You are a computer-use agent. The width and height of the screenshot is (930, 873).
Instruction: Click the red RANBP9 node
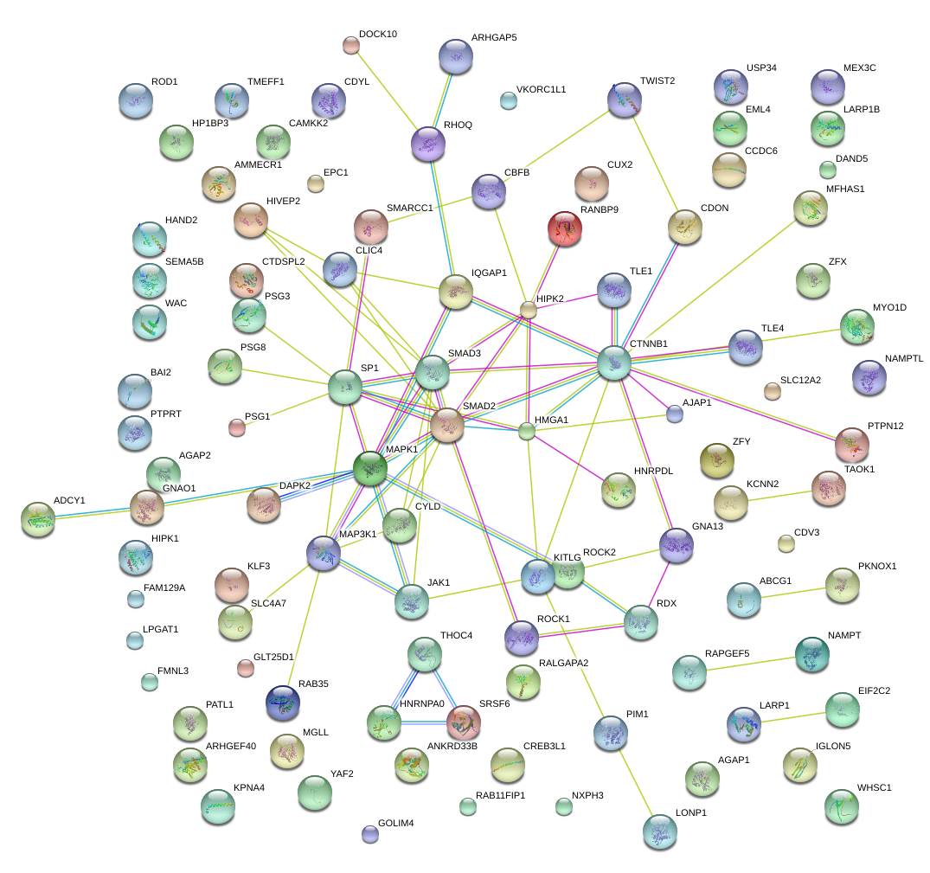coord(565,228)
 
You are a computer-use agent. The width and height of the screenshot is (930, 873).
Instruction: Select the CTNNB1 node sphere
coord(613,363)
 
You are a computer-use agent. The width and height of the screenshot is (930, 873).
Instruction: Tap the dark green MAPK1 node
coord(370,468)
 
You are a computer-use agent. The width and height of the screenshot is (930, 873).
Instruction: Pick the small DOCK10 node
coord(350,44)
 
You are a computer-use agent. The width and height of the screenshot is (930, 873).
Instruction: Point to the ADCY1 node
coord(37,517)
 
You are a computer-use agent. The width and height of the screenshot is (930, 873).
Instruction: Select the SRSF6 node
coord(464,721)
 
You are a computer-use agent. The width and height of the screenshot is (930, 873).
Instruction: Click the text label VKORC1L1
coord(541,89)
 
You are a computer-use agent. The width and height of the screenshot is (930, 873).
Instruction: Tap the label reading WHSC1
coord(874,787)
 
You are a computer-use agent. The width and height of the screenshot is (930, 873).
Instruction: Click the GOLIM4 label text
coord(396,823)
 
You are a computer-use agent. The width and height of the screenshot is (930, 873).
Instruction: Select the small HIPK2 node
coord(529,310)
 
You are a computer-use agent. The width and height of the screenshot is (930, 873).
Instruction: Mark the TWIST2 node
coord(624,99)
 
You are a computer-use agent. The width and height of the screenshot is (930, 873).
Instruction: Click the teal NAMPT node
coord(811,654)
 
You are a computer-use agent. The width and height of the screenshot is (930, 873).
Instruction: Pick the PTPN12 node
coord(851,444)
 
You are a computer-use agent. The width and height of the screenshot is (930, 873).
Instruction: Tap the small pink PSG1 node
coord(236,427)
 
